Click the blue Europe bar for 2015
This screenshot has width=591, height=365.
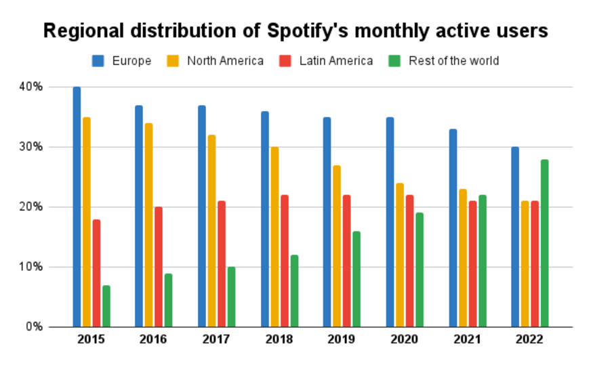point(77,207)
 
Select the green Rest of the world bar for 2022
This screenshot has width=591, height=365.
point(544,243)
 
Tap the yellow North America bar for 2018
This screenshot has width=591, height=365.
point(274,236)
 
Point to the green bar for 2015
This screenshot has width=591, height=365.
point(106,306)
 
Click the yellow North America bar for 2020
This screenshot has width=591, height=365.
point(400,255)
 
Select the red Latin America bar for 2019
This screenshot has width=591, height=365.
point(347,261)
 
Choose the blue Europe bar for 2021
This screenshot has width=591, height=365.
point(453,228)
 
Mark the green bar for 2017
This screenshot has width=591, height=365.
point(231,297)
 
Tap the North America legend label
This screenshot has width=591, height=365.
point(225,61)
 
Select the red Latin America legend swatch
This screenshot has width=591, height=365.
point(285,61)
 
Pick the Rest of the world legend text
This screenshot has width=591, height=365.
point(453,61)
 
